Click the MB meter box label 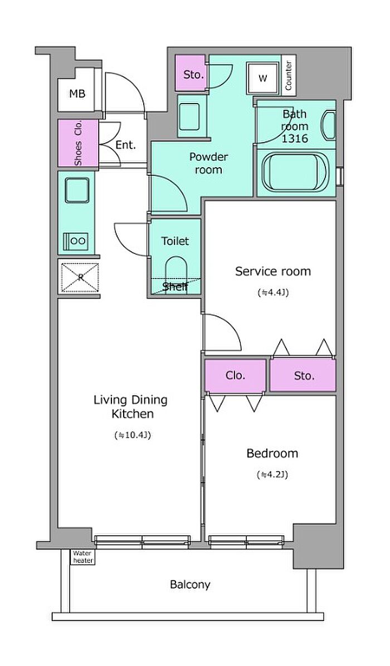[x=77, y=94]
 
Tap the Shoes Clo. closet [x=78, y=143]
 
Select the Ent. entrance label [x=126, y=145]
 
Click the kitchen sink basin [x=77, y=190]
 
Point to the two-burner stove [x=76, y=241]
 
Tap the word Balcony [x=190, y=585]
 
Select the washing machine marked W [x=263, y=79]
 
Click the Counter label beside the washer [x=289, y=76]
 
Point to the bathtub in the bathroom [x=295, y=173]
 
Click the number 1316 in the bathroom [x=295, y=139]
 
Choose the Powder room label [x=208, y=164]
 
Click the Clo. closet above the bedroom [x=235, y=375]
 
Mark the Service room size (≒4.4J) [x=273, y=293]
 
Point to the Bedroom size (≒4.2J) [x=272, y=475]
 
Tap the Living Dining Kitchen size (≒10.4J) [x=133, y=435]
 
